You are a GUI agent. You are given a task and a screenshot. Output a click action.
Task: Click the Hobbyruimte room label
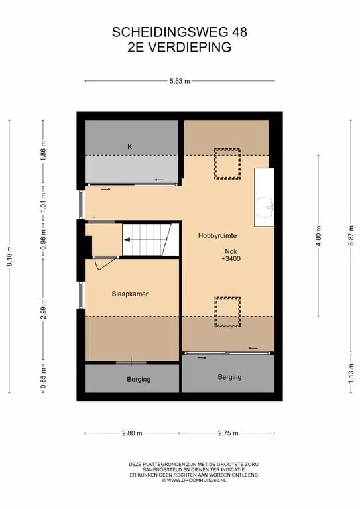coord(217,236)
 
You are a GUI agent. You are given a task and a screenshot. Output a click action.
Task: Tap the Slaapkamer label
coord(130,294)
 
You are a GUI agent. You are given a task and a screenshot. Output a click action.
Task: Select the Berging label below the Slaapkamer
coord(139,379)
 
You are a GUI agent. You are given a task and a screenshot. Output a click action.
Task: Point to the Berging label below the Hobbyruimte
coord(229,377)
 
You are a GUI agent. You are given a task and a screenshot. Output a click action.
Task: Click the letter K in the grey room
coord(129,146)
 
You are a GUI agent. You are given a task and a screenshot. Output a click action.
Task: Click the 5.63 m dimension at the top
coord(180,81)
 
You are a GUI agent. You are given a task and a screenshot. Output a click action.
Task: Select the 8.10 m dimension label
coord(10,256)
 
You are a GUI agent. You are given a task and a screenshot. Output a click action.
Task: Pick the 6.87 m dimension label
coord(351,236)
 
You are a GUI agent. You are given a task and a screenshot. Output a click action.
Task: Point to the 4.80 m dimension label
coord(318,236)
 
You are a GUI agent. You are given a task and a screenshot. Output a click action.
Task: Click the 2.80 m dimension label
coord(132,433)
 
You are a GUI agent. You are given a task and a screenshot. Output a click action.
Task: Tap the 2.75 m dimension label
coord(228,433)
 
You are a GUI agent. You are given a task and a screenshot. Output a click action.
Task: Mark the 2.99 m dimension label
coord(43,309)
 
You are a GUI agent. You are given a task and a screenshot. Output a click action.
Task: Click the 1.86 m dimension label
coord(43,150)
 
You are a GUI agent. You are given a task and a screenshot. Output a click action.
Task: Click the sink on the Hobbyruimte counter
coord(265,207)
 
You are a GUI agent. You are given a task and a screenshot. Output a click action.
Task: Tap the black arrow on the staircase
coord(127,239)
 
